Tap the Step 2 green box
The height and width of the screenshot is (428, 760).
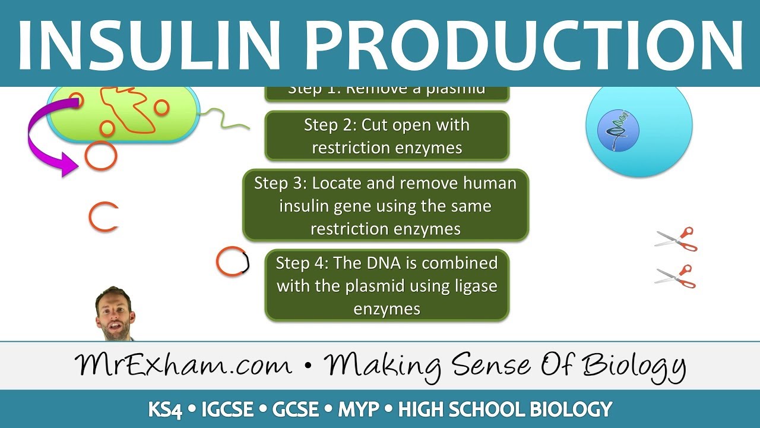point(387,136)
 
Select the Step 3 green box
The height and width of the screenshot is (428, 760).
point(385,206)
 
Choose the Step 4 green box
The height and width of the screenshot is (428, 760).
point(387,285)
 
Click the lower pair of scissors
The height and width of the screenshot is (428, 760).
point(676,276)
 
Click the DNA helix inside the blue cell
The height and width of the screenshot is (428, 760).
point(617,128)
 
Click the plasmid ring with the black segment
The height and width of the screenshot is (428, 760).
point(232,262)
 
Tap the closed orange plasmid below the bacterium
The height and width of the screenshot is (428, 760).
point(101,156)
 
